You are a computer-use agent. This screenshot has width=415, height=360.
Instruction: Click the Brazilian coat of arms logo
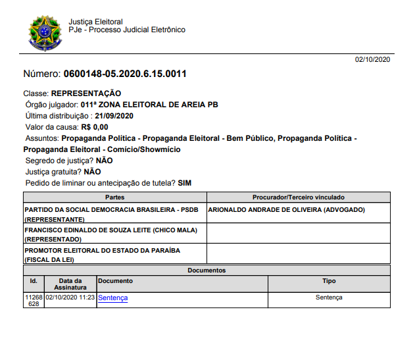click(x=45, y=33)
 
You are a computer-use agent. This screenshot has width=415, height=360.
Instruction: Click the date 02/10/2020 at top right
click(x=373, y=60)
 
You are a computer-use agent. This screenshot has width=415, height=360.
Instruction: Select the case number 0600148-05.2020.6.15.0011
click(x=125, y=74)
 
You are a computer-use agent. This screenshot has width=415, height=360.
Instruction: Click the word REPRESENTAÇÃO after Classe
click(x=86, y=93)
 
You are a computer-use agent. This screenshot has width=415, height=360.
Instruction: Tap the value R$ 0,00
click(x=95, y=127)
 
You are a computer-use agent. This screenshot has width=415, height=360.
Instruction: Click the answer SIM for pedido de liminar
click(x=185, y=182)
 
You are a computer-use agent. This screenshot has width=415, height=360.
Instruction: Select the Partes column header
click(x=114, y=197)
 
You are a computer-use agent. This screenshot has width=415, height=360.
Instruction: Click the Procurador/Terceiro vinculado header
click(x=299, y=197)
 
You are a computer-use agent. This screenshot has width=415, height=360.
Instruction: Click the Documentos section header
click(x=207, y=270)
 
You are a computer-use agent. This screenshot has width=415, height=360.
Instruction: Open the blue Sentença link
click(x=113, y=297)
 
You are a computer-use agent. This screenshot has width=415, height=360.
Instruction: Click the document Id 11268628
click(x=33, y=301)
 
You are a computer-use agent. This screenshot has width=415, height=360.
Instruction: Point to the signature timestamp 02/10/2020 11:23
click(x=70, y=297)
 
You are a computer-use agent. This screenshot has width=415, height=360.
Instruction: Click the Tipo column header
click(x=329, y=281)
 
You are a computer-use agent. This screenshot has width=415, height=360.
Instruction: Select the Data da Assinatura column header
click(x=70, y=284)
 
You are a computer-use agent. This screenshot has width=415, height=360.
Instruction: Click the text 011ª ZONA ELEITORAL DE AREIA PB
click(x=149, y=105)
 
